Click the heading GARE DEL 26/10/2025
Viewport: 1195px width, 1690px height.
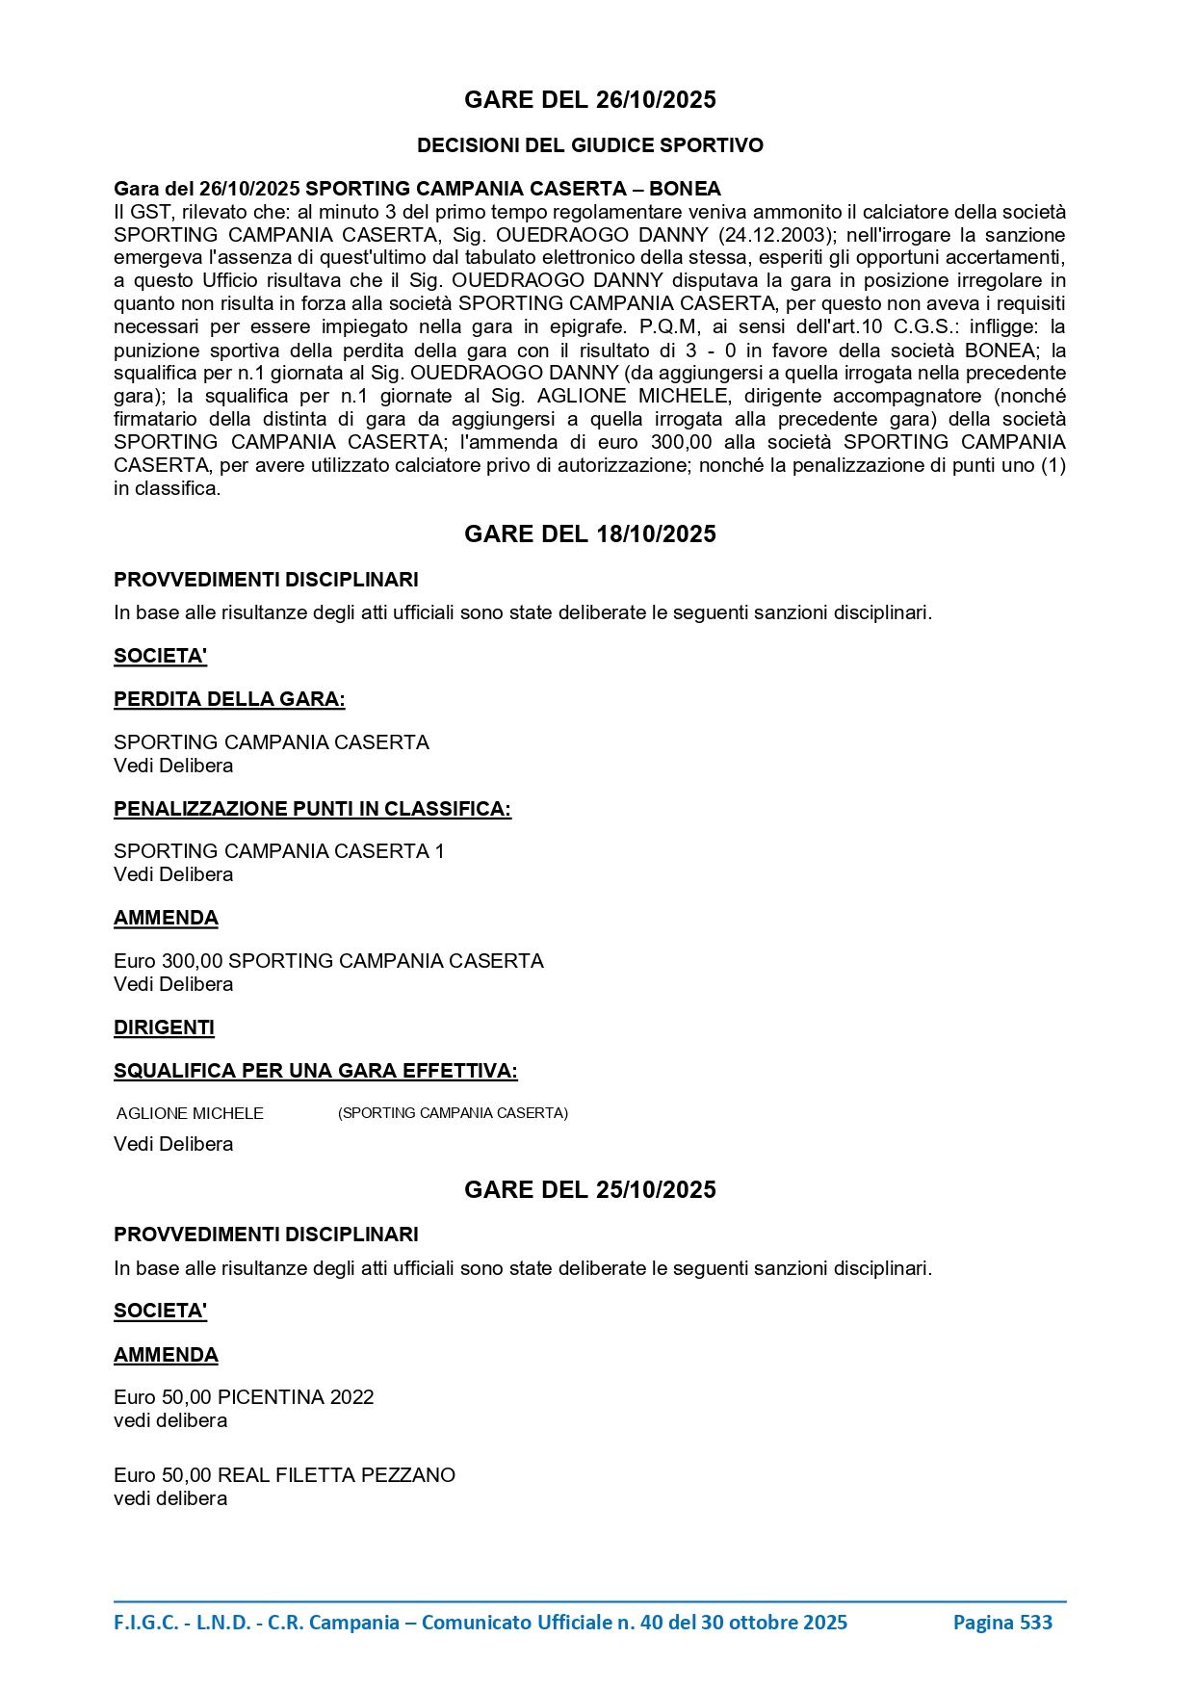pos(589,100)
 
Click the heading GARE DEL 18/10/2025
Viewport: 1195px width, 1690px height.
pos(589,534)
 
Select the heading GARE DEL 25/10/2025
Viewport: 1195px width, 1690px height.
pos(589,1190)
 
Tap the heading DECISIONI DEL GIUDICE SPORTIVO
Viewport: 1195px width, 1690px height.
pos(589,145)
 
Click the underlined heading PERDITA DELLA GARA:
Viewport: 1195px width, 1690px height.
pos(229,700)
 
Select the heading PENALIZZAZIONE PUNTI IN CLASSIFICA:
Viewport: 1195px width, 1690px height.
pos(312,809)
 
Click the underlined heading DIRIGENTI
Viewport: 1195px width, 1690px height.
pos(164,1027)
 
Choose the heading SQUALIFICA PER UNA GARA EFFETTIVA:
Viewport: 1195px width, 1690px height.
pos(315,1071)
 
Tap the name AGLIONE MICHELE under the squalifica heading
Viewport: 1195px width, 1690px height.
pos(190,1114)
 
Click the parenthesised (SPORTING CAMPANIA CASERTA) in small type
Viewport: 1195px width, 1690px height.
pos(453,1113)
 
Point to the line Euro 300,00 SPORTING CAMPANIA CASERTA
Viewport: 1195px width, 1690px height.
pos(328,961)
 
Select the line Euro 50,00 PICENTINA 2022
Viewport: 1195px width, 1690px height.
pos(244,1397)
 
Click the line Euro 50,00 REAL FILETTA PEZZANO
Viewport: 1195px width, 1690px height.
pos(284,1475)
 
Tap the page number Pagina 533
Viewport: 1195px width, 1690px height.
pos(1002,1623)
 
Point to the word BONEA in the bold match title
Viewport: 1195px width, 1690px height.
pos(685,189)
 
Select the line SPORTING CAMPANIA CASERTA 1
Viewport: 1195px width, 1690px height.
pos(279,851)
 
